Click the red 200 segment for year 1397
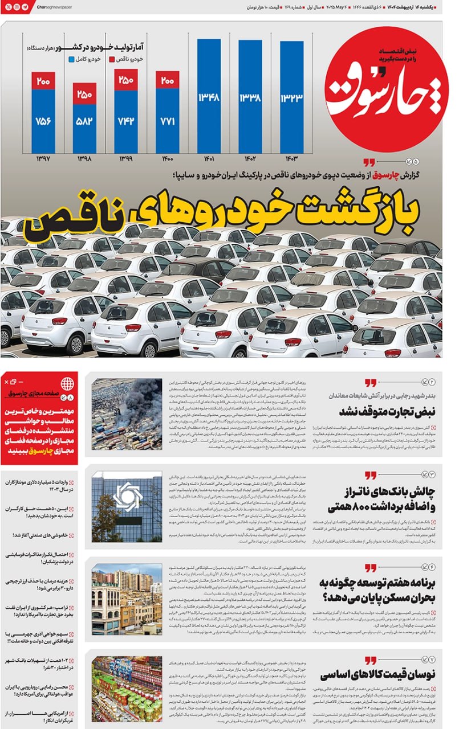43,81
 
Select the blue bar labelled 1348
209,96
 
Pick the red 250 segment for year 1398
84,94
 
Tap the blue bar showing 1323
291,97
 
